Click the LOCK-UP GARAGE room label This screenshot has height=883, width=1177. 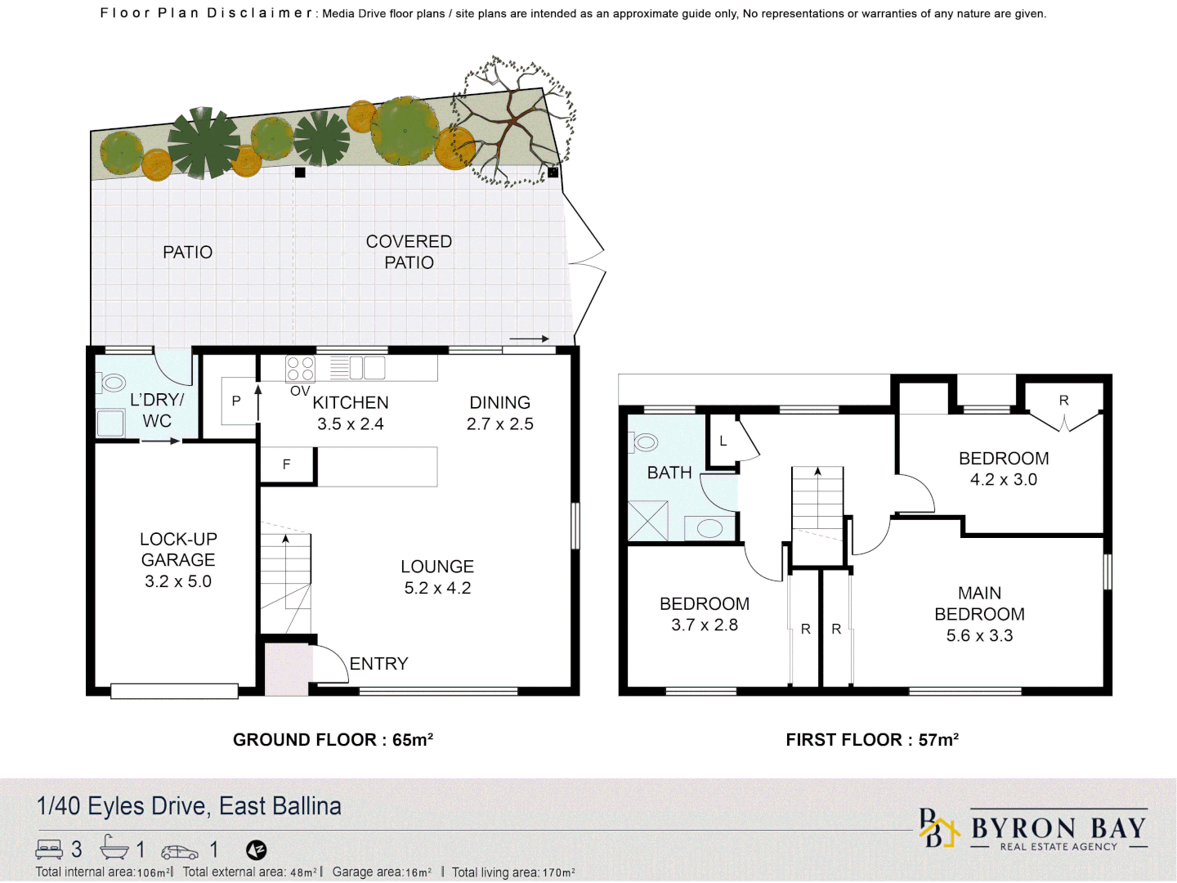coord(178,549)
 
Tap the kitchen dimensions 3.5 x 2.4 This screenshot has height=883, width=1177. coord(351,424)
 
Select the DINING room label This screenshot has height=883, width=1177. coord(499,402)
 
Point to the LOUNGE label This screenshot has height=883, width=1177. coord(437,567)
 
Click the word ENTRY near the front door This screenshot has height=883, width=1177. coord(378,664)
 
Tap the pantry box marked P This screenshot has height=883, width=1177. coord(236,401)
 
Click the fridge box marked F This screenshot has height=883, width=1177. coord(286,464)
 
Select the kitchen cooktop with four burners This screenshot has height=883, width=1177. coord(300,369)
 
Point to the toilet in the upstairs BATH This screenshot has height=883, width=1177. coord(645,442)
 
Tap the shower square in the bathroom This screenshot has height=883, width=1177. coord(648,521)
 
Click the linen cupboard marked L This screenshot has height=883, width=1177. coord(723,441)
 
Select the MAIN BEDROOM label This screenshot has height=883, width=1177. coord(979,603)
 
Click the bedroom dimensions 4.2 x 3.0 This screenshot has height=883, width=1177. coord(1003,480)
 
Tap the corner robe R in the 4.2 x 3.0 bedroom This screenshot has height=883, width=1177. coord(1063,401)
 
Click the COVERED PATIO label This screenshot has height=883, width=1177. coord(409,252)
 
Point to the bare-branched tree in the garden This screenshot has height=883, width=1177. coord(513,123)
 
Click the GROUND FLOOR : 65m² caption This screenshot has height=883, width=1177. coord(333,740)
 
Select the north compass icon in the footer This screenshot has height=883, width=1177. coord(256,850)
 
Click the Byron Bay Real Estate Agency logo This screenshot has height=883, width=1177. coord(1034,831)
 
